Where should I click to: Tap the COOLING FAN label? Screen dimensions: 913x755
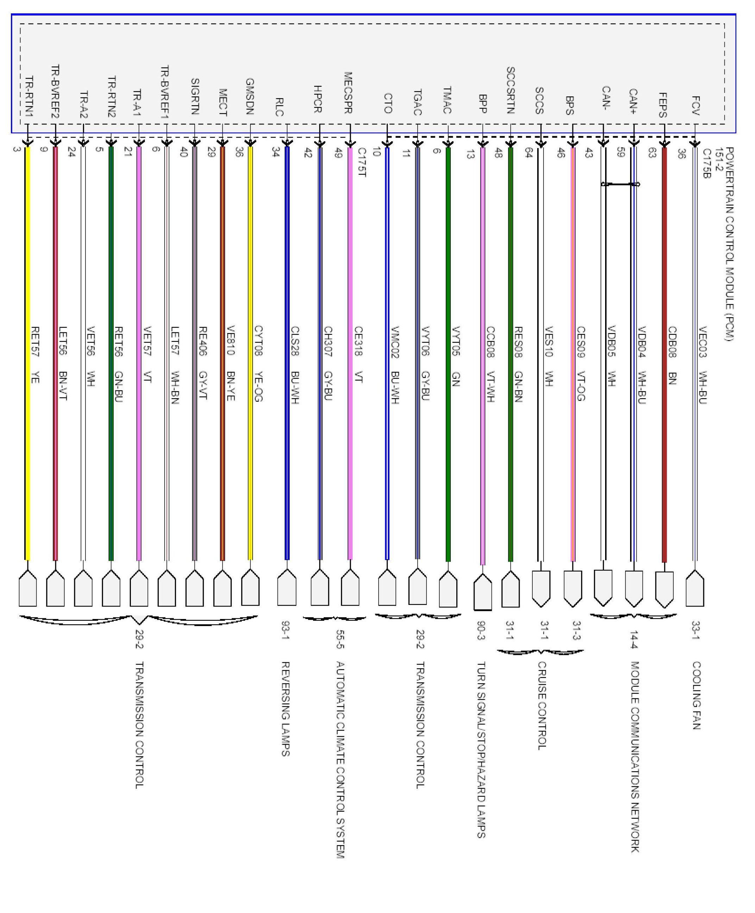(696, 696)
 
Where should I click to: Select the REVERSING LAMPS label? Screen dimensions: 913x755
(285, 709)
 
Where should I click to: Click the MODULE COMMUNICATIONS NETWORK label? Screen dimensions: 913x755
(635, 756)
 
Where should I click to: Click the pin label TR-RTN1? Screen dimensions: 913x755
(29, 96)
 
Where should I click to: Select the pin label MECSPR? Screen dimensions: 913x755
(348, 92)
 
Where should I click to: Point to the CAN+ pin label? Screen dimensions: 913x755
(633, 101)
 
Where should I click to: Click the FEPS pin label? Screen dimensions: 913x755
(662, 105)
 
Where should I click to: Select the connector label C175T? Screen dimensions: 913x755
(362, 162)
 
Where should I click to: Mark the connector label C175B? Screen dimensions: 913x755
(707, 164)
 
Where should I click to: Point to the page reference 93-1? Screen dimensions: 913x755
(285, 630)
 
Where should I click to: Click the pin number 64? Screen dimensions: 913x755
(529, 153)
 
